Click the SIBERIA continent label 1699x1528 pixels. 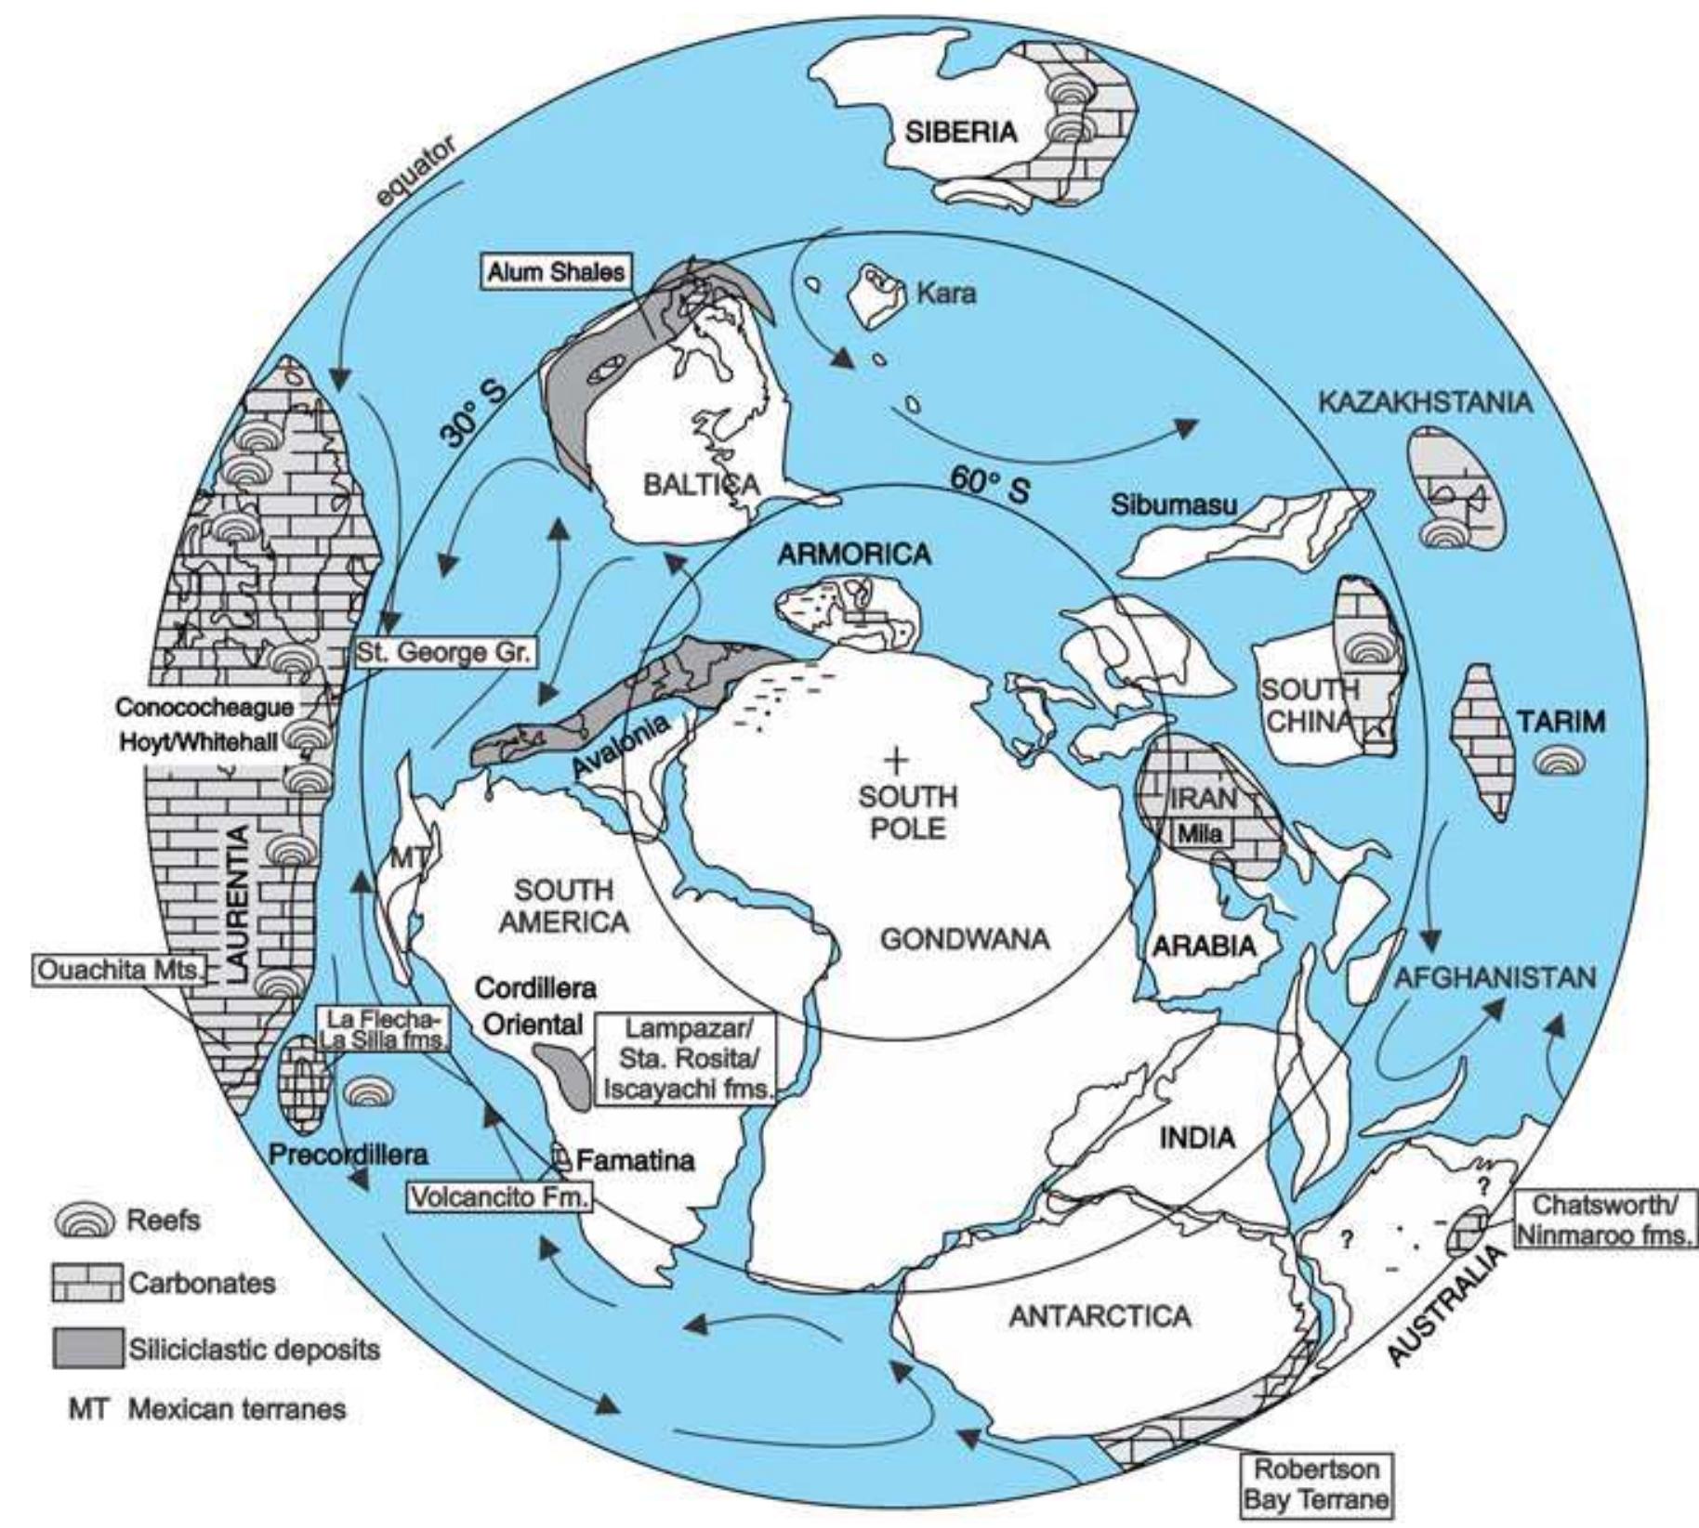pyautogui.click(x=961, y=131)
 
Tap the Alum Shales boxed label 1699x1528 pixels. pyautogui.click(x=556, y=272)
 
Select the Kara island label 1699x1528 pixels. pyautogui.click(x=946, y=294)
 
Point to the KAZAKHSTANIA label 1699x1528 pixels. pyautogui.click(x=1424, y=402)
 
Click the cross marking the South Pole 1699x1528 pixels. pyautogui.click(x=895, y=762)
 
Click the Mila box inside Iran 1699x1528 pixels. pyautogui.click(x=1199, y=833)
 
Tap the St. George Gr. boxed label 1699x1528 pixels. pyautogui.click(x=444, y=653)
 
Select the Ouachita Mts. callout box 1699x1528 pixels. pyautogui.click(x=118, y=971)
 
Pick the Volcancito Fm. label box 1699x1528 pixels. pyautogui.click(x=500, y=1196)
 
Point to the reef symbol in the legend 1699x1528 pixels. pyautogui.click(x=86, y=1220)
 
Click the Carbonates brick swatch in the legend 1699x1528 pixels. pyautogui.click(x=87, y=1283)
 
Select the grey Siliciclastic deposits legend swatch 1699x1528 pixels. pyautogui.click(x=87, y=1348)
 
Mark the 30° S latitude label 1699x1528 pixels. pyautogui.click(x=472, y=412)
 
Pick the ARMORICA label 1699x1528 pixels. pyautogui.click(x=853, y=555)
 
